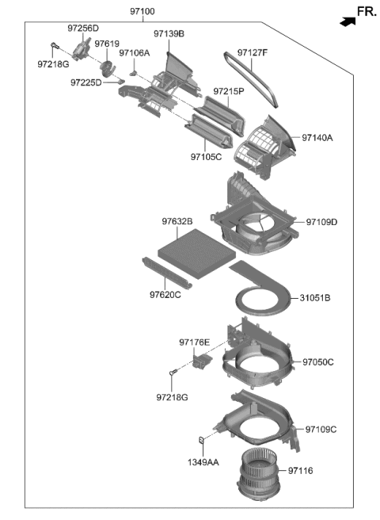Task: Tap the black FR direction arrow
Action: pos(346,22)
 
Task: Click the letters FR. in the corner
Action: pos(366,11)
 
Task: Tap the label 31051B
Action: pos(315,298)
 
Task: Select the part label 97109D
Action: pos(321,221)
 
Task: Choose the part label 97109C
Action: pos(321,430)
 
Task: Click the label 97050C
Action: pos(317,362)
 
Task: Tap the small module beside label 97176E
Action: pos(202,361)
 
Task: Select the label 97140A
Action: pos(317,138)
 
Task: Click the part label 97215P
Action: pos(228,92)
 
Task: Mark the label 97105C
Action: pos(206,157)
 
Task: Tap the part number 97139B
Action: pos(169,34)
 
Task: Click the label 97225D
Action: pos(85,82)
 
